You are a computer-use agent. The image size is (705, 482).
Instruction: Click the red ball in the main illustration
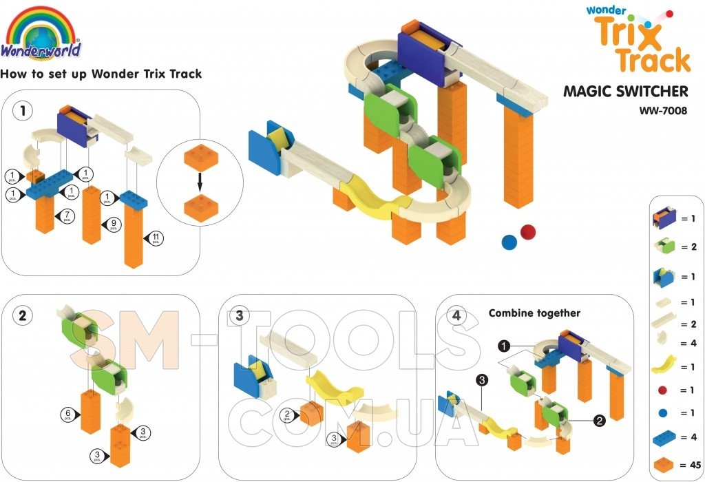tap(528, 231)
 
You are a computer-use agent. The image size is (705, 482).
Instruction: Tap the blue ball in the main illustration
tap(509, 242)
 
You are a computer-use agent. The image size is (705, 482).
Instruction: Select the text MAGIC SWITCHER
tap(626, 91)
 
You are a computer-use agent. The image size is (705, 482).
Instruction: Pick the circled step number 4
tap(456, 316)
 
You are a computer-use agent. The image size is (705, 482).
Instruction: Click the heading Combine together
tap(534, 313)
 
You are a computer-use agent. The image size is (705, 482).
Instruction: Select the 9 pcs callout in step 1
tap(113, 224)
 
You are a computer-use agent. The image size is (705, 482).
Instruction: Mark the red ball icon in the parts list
tap(663, 390)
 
